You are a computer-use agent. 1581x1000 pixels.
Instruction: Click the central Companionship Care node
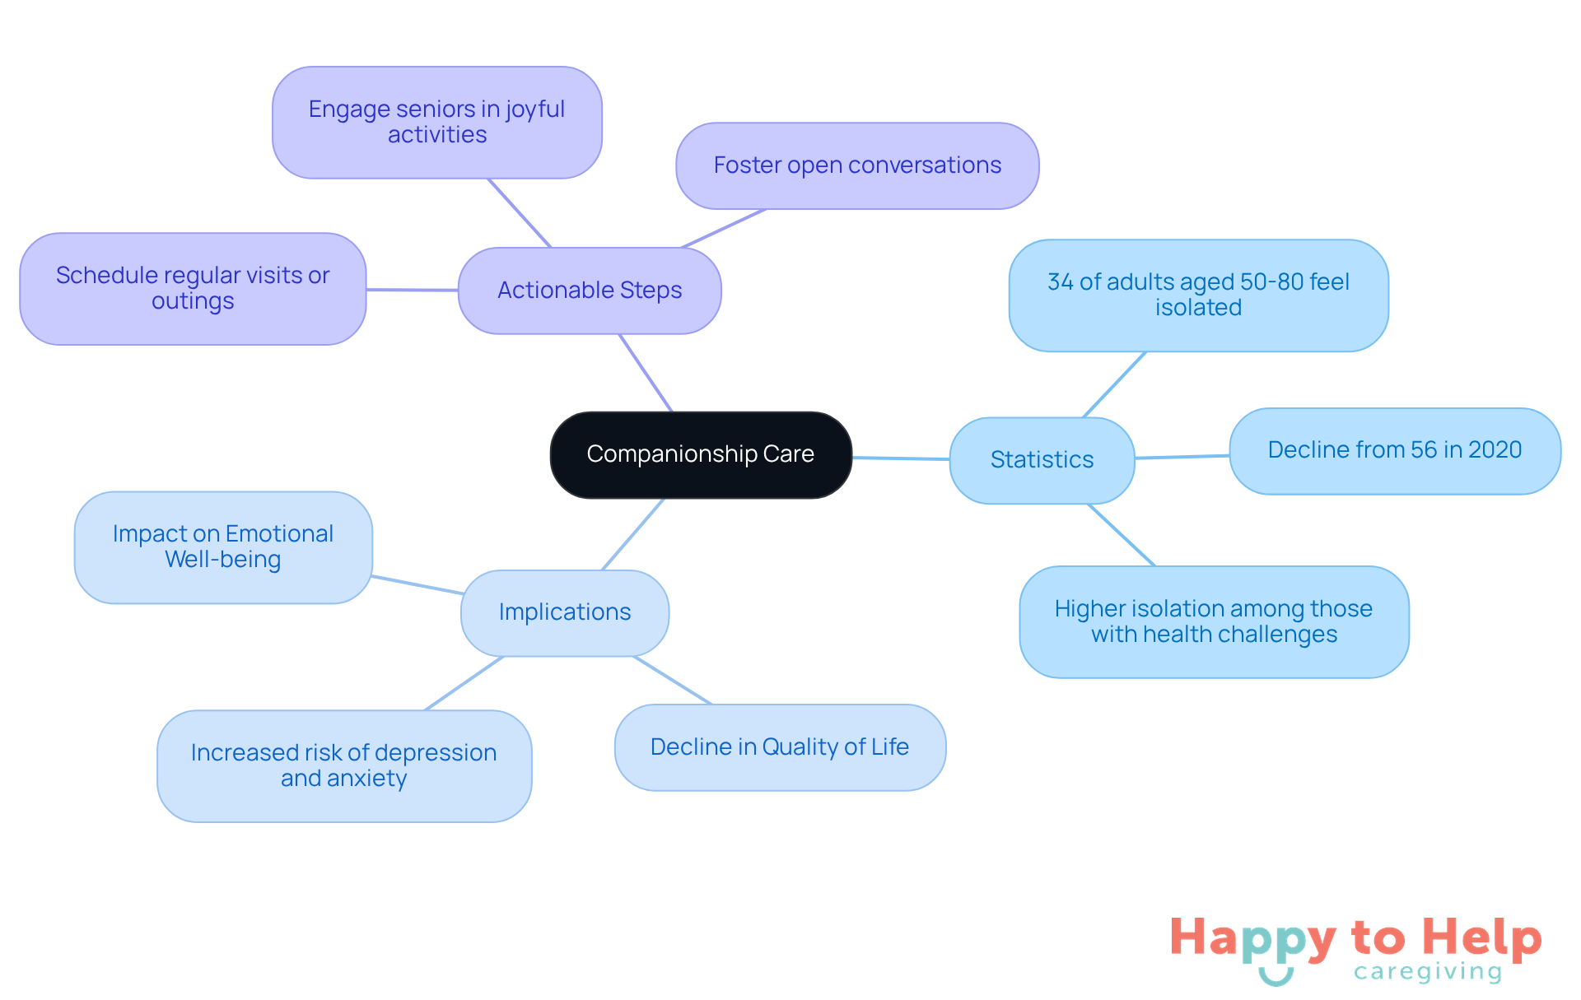(701, 454)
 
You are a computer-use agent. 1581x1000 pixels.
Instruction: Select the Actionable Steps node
(590, 291)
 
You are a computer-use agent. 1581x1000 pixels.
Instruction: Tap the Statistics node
(1042, 460)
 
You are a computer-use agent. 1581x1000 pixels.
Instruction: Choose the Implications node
(565, 612)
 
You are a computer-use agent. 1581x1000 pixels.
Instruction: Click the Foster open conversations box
(857, 165)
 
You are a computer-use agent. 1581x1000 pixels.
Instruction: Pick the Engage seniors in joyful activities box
(437, 122)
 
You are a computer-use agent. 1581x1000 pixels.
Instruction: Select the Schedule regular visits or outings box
(193, 288)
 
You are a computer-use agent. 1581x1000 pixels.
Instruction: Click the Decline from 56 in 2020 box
(1395, 450)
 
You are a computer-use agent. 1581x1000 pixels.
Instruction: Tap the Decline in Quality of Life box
(780, 747)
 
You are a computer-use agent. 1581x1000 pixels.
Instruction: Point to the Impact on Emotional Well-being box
(223, 547)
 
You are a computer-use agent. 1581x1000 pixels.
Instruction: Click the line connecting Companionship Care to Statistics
(901, 458)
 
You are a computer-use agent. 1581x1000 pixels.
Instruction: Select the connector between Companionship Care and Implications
(633, 534)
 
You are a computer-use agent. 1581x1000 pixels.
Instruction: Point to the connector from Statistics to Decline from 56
(1182, 457)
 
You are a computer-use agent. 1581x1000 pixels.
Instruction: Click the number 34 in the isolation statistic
(1061, 282)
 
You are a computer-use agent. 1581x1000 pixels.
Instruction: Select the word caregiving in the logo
(1428, 972)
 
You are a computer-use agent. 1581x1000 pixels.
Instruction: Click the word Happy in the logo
(1252, 938)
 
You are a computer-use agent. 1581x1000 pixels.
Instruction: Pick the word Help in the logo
(1482, 938)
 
